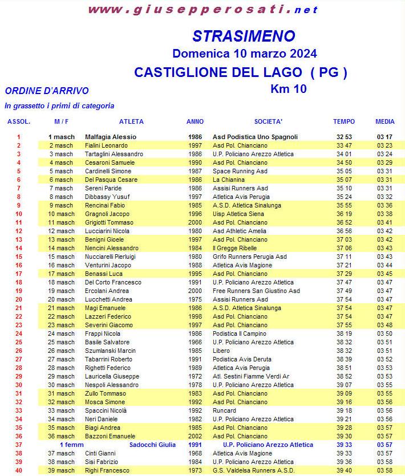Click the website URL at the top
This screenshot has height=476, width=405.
click(x=203, y=9)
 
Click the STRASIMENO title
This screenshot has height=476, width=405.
click(x=244, y=36)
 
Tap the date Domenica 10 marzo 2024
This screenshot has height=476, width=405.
click(x=245, y=54)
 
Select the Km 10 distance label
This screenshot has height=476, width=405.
click(x=288, y=89)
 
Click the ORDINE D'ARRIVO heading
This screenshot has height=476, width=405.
click(x=46, y=91)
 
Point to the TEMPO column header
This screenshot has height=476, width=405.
click(x=344, y=121)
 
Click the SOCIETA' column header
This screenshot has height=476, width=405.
click(x=268, y=121)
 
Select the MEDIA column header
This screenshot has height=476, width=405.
click(x=385, y=121)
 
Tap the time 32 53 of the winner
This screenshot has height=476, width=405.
click(x=344, y=137)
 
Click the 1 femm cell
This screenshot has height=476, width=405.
click(x=71, y=445)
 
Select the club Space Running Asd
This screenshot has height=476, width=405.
click(x=240, y=171)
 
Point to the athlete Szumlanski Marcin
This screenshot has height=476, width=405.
click(x=110, y=351)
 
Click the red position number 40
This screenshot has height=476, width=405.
click(x=18, y=470)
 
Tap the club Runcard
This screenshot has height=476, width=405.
click(x=225, y=410)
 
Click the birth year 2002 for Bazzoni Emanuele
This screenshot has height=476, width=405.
click(x=195, y=436)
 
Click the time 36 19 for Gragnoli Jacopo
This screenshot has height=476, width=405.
click(x=344, y=214)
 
